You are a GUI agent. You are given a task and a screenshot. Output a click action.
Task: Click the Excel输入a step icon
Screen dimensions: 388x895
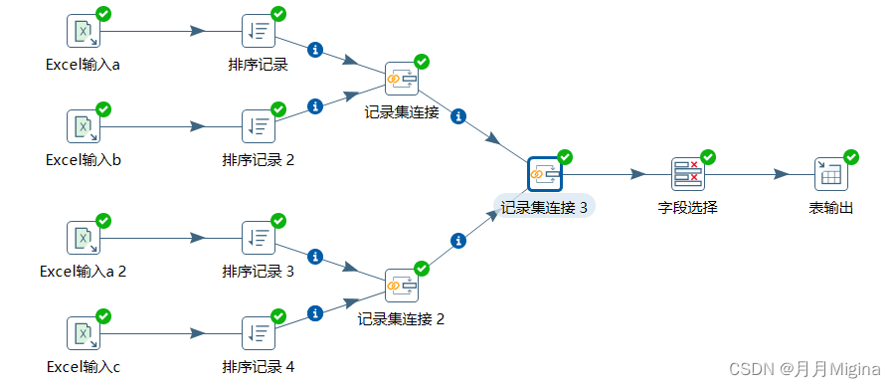[84, 32]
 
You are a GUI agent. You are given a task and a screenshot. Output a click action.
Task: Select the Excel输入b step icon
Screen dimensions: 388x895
[84, 126]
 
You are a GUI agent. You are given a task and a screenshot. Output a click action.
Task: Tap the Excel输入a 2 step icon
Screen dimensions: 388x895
[84, 238]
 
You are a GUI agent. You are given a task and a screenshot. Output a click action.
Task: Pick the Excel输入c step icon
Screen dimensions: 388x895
[84, 333]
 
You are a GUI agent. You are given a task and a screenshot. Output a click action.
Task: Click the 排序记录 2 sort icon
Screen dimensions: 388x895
[259, 126]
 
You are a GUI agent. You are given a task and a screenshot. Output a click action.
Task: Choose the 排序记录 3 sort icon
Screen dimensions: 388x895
[259, 238]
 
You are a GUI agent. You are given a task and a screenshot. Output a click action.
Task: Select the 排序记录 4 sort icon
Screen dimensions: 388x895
[259, 333]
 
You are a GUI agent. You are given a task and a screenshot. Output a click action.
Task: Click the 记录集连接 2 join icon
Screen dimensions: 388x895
[401, 286]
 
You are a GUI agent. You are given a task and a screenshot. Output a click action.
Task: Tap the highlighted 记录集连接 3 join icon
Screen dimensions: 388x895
[545, 174]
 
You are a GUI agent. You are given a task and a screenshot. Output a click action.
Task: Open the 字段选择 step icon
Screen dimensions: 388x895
[687, 174]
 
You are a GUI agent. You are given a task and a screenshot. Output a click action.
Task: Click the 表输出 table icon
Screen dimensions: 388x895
[830, 174]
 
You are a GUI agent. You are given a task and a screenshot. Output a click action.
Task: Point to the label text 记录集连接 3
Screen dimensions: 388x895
[545, 208]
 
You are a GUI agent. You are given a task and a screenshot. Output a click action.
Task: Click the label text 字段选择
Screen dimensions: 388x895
[688, 208]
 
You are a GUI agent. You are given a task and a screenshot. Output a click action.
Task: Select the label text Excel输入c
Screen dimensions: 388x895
[84, 367]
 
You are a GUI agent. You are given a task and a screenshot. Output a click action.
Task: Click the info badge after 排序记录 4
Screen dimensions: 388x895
[315, 313]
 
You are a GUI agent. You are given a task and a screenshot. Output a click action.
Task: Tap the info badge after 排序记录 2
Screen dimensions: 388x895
[315, 106]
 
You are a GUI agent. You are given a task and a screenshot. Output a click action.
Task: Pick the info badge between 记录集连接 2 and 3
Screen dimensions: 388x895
[458, 241]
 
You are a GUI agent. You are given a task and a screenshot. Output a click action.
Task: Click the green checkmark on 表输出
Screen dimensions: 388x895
[850, 157]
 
